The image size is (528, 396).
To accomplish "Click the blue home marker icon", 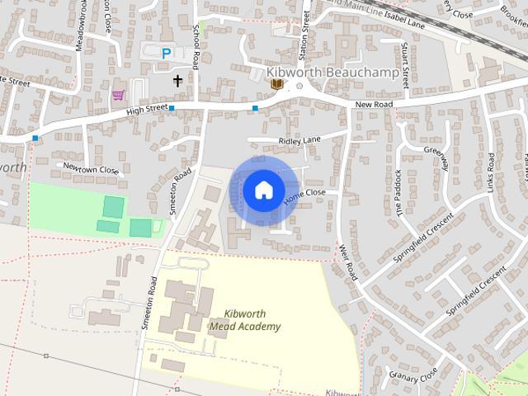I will (263, 191).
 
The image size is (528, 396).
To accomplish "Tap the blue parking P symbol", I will (167, 54).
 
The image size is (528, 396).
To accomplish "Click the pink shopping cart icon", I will (119, 95).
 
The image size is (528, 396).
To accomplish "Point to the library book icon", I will (277, 83).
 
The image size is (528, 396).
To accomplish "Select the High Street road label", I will (148, 109).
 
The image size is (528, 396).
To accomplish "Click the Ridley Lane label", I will (299, 141).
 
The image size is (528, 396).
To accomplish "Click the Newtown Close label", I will (92, 170).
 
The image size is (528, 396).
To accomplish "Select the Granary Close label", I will (416, 375).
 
